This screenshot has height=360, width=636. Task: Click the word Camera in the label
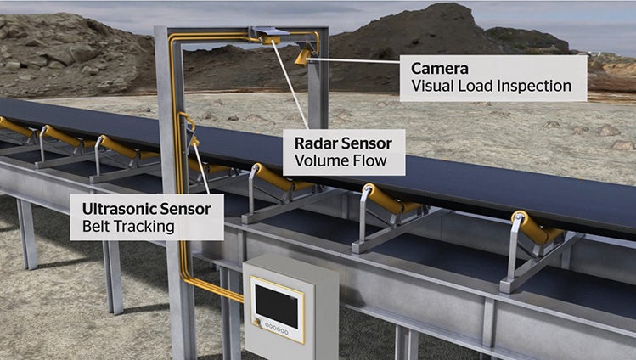(x=440, y=67)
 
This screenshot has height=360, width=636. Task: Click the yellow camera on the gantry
(x=301, y=56)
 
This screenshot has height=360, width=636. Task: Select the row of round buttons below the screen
(x=277, y=327)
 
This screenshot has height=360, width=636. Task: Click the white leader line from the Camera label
(x=357, y=60)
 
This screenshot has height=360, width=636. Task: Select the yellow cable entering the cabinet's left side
(x=222, y=288)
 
